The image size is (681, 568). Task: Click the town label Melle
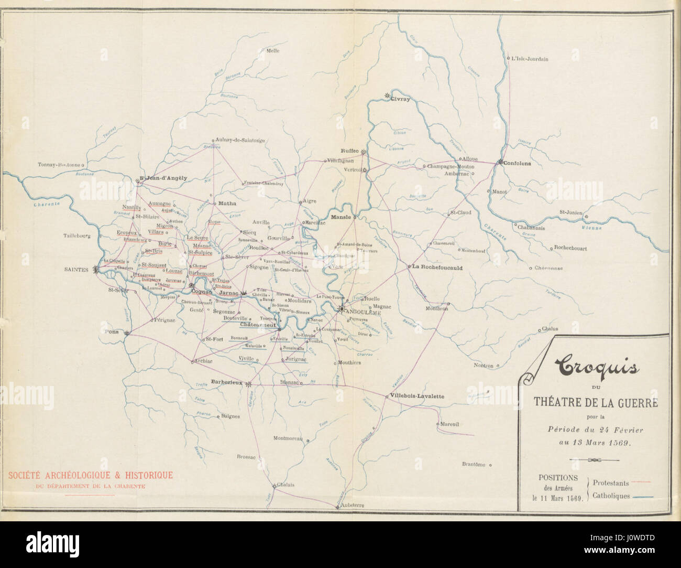pyautogui.click(x=273, y=51)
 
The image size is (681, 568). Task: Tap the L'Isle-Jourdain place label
pyautogui.click(x=530, y=59)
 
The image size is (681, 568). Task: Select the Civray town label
pyautogui.click(x=400, y=99)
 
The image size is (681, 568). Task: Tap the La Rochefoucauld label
pyautogui.click(x=437, y=266)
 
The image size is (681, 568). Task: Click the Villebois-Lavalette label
pyautogui.click(x=417, y=396)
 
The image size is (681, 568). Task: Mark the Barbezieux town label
pyautogui.click(x=226, y=382)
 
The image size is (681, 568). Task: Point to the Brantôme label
pyautogui.click(x=474, y=464)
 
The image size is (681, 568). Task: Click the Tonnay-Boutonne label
pyautogui.click(x=59, y=164)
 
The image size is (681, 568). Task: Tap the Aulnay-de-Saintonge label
pyautogui.click(x=240, y=140)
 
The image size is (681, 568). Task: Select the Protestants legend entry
pyautogui.click(x=611, y=483)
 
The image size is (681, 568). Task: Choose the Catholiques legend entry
pyautogui.click(x=611, y=496)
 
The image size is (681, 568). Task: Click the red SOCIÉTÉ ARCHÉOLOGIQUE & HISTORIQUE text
pyautogui.click(x=90, y=476)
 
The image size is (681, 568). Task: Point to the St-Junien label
pyautogui.click(x=571, y=212)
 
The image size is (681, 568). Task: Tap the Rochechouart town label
pyautogui.click(x=571, y=248)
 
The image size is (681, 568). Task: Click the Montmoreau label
pyautogui.click(x=288, y=438)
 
